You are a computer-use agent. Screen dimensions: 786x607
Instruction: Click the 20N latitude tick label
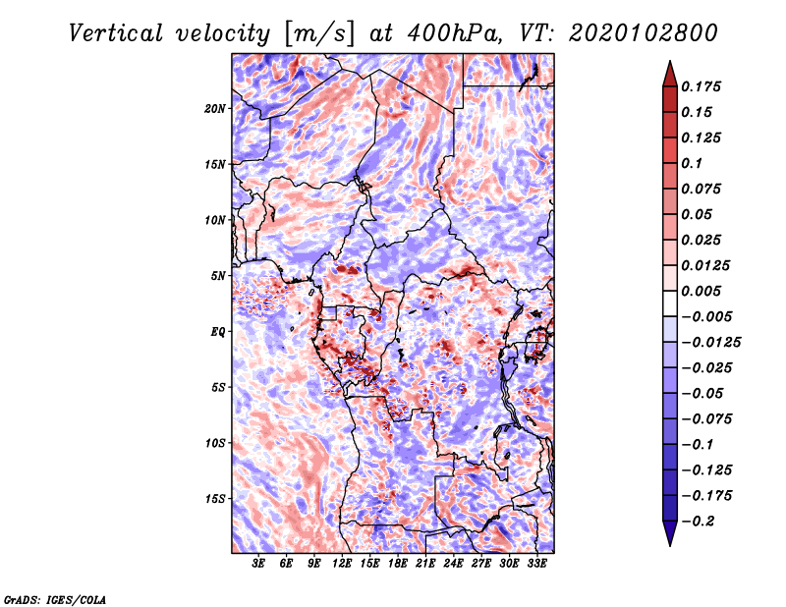215,109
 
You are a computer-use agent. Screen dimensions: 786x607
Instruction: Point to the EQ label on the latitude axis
218,332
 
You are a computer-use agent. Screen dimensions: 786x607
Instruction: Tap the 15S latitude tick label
215,499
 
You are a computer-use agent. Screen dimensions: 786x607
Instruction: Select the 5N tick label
218,276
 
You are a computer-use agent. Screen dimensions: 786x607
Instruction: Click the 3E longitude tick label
258,564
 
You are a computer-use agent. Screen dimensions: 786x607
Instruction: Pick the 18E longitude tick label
398,564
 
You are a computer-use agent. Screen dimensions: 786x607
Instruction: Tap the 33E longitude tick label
536,564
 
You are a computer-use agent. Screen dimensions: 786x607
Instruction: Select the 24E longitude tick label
453,564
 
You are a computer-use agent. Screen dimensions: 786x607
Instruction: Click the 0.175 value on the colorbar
701,86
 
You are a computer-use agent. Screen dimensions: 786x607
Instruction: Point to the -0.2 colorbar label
698,522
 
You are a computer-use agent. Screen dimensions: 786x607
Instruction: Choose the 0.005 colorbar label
701,291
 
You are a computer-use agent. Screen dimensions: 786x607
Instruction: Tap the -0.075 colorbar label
706,419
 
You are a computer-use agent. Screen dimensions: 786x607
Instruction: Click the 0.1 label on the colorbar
692,163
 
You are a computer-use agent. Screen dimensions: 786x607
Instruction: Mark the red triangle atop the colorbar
670,75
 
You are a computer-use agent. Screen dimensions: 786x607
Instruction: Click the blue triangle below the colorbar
670,533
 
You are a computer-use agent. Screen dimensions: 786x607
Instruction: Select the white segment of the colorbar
670,303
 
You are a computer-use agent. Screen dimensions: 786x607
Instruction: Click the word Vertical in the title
116,33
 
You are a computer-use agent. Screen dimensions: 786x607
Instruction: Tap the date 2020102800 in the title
644,33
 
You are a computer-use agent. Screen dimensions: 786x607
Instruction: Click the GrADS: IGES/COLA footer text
55,600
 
